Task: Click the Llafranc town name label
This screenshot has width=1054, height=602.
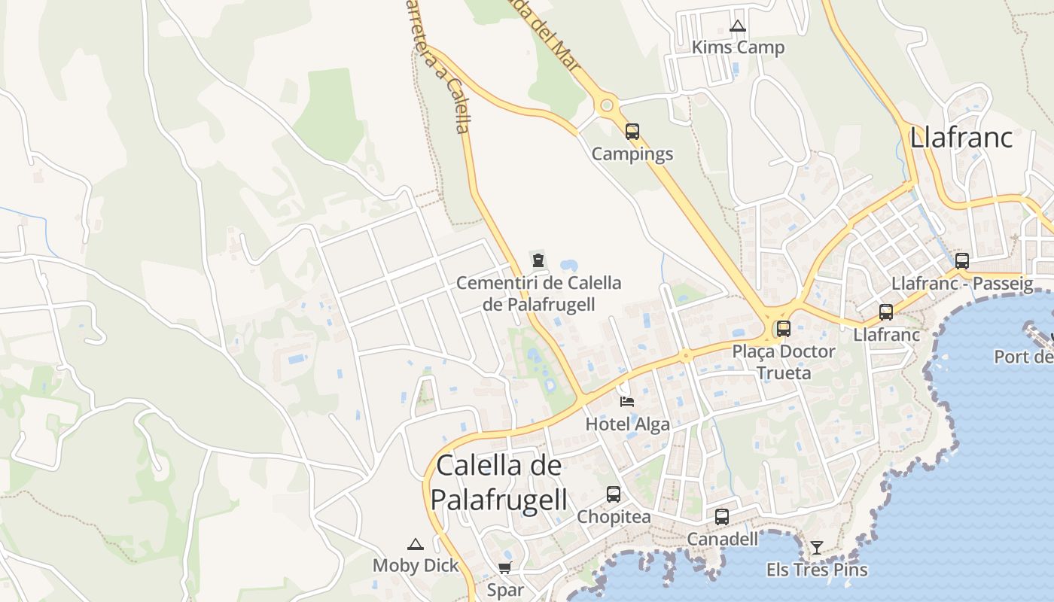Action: tap(961, 138)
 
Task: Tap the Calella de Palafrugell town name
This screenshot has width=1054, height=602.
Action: tap(498, 482)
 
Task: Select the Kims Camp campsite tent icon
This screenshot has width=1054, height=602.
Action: tap(737, 26)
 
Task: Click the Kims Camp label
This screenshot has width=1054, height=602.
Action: tap(738, 47)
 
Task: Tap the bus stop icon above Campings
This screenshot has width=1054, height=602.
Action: tap(632, 132)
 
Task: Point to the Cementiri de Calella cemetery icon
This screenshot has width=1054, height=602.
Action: tap(538, 261)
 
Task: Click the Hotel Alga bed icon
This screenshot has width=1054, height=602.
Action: tap(627, 402)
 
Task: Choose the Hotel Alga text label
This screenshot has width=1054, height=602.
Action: tap(627, 424)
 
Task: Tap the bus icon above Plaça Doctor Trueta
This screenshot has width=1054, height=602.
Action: tap(784, 329)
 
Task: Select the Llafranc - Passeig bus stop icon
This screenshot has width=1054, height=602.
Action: tap(962, 261)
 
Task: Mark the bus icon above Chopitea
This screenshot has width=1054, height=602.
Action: tap(614, 494)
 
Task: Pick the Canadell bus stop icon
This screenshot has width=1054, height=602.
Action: tap(722, 517)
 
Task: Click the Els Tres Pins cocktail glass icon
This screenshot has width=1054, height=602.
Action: tap(817, 547)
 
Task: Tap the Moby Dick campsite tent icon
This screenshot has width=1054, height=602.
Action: tap(415, 544)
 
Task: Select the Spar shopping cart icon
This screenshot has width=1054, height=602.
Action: tap(504, 567)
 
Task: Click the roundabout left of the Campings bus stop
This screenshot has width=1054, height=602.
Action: tap(606, 105)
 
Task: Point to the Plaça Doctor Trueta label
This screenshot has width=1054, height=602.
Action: tap(784, 362)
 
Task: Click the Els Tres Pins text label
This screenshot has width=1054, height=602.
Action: tap(817, 570)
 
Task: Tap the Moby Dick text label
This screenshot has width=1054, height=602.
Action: tap(416, 565)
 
